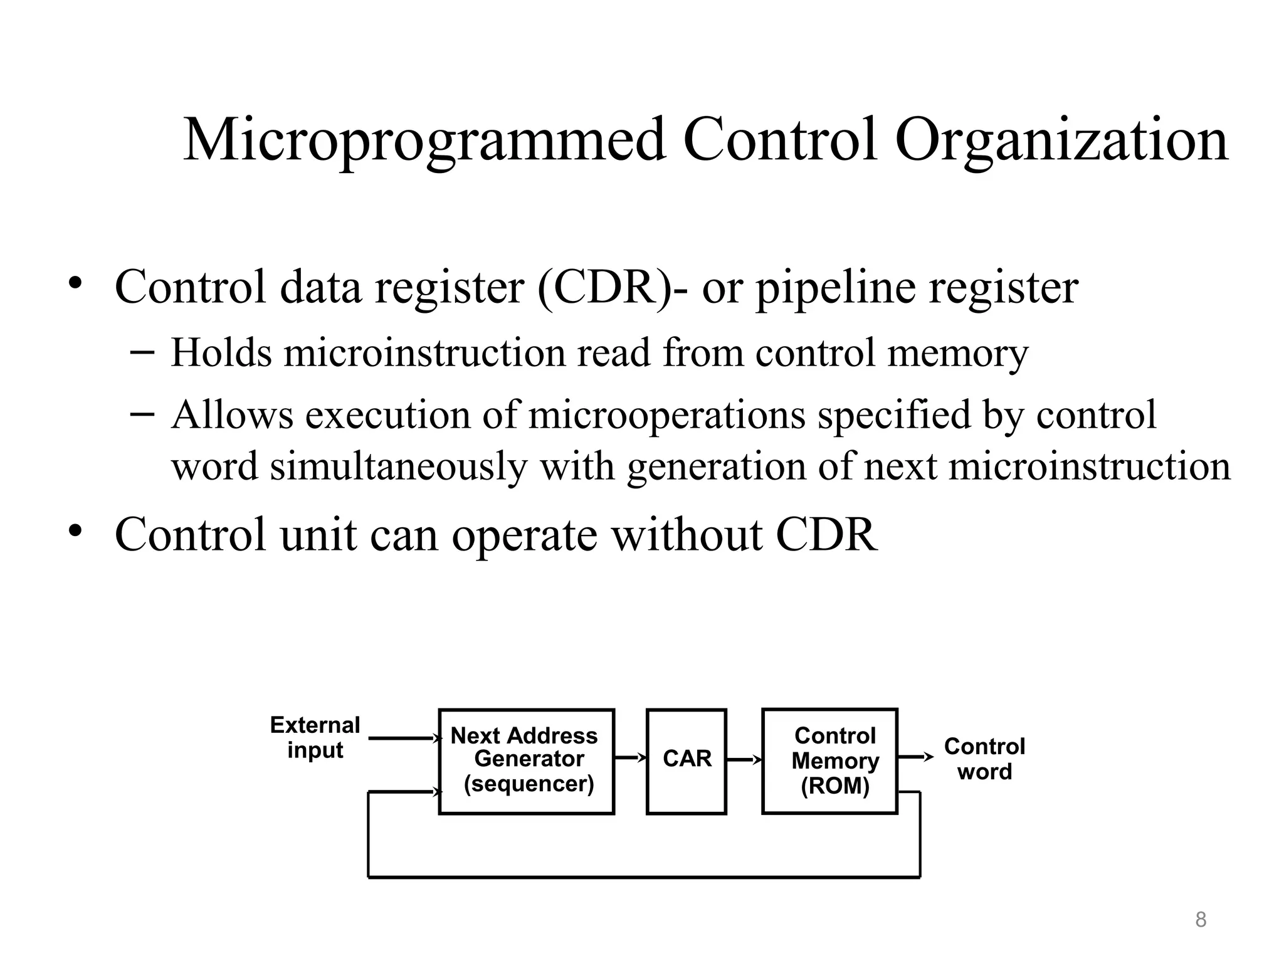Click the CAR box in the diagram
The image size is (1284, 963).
tap(687, 760)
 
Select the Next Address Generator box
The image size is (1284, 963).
tap(526, 760)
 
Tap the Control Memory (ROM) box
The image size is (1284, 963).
tap(829, 760)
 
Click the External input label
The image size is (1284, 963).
tap(315, 737)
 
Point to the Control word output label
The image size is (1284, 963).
tap(984, 759)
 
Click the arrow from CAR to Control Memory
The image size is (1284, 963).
tap(744, 760)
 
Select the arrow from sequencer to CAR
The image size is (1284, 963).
tap(629, 757)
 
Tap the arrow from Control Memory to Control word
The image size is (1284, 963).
tap(915, 757)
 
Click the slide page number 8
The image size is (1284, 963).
tap(1200, 920)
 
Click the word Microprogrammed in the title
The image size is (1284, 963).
tap(424, 140)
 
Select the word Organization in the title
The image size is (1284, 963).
tap(1061, 140)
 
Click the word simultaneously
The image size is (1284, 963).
tap(399, 467)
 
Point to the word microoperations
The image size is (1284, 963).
tap(666, 415)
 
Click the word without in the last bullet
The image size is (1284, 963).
tap(687, 535)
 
